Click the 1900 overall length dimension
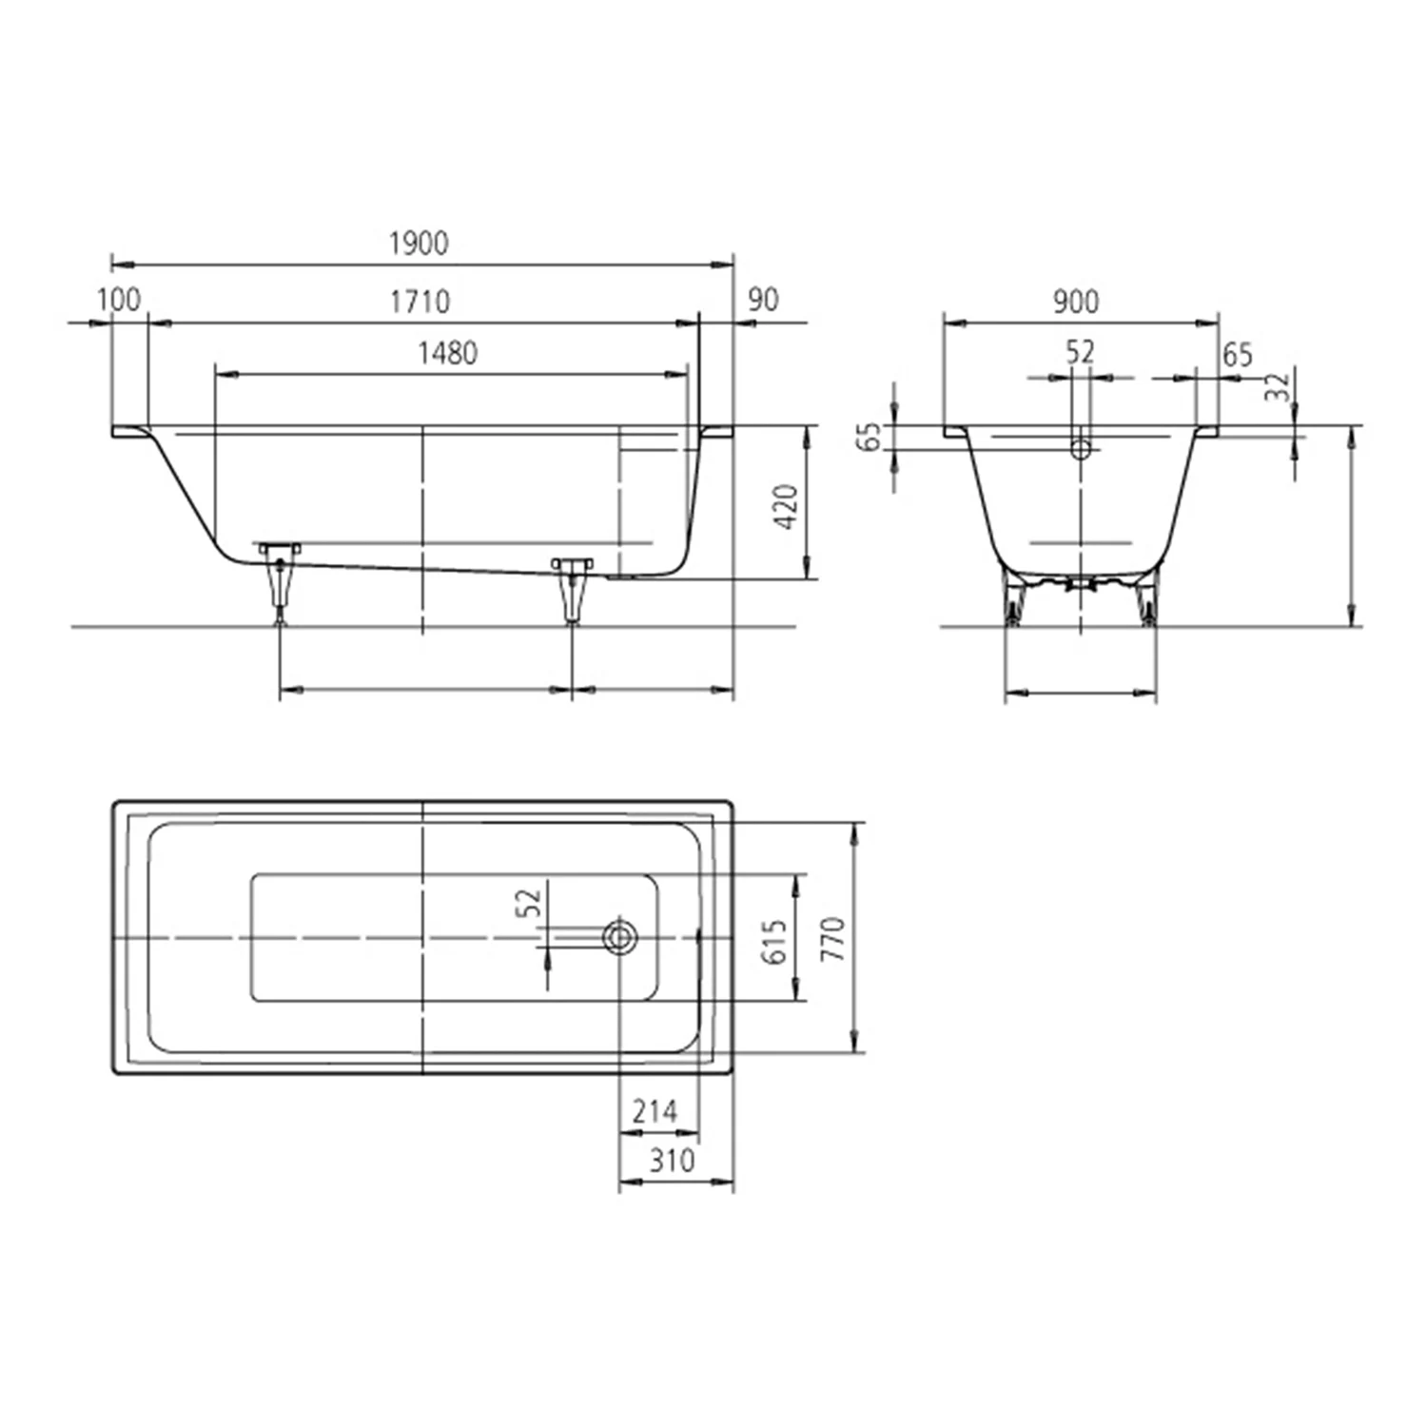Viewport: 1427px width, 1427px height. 419,244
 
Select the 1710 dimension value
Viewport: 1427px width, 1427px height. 420,302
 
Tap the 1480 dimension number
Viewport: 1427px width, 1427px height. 447,353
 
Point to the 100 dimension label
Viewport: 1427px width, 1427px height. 119,300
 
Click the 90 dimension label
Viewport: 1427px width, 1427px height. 763,300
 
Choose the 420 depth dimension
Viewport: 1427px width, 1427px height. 786,506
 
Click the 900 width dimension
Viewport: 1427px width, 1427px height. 1076,302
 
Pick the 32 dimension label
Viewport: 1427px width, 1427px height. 1279,386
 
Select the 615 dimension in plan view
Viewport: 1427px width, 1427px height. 775,941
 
